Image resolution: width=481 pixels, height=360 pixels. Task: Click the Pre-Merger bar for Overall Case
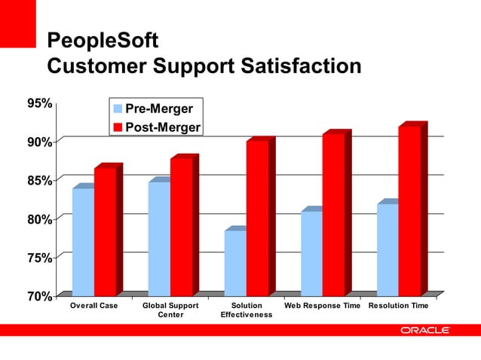(x=83, y=241)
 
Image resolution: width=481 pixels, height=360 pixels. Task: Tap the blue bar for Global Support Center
(x=159, y=238)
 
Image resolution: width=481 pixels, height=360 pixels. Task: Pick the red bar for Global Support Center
(x=182, y=227)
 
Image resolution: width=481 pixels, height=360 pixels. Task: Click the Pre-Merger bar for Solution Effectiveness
(x=235, y=262)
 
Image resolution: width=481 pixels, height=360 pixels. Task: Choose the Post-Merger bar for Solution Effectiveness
(x=258, y=218)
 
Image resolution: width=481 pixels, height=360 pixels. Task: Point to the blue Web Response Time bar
(x=311, y=252)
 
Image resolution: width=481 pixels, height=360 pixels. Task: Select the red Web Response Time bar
(x=334, y=214)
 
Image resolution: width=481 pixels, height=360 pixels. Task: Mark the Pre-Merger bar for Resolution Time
(x=388, y=249)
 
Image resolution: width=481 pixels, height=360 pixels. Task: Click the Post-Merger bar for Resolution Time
(x=410, y=210)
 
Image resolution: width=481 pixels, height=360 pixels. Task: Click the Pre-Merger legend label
(x=159, y=110)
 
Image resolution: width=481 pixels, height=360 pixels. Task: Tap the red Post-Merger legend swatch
(x=117, y=127)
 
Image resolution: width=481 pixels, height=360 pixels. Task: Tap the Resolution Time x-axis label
(x=399, y=306)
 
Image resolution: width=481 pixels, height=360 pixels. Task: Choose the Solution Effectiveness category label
(x=247, y=310)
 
